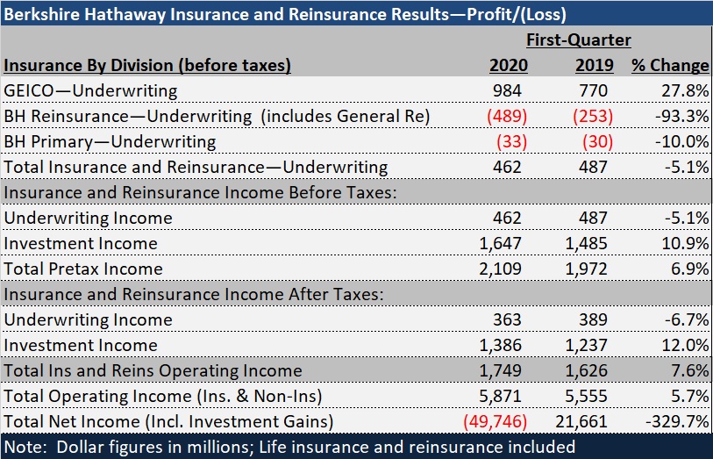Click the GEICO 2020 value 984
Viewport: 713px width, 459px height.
click(510, 90)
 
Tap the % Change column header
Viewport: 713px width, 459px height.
click(670, 65)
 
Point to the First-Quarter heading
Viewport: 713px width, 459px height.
click(578, 40)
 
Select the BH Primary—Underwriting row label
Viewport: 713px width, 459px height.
click(110, 141)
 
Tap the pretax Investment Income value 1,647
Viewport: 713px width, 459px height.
click(504, 243)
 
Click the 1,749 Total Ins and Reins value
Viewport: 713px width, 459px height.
click(504, 370)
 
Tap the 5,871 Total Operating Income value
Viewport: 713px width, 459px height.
click(504, 396)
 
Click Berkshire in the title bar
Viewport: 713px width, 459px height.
click(39, 13)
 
